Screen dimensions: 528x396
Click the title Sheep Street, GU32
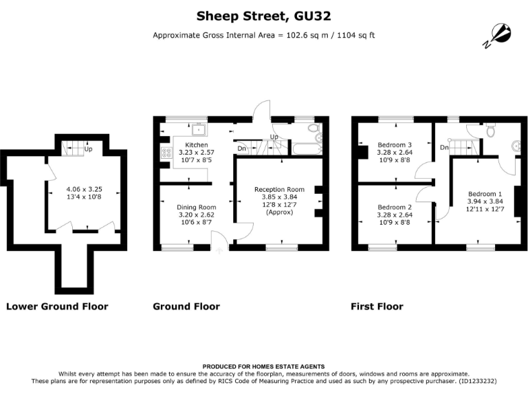click(264, 16)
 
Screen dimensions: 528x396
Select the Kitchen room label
click(197, 145)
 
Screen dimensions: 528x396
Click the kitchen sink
click(199, 130)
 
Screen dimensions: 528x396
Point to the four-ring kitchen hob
click(166, 153)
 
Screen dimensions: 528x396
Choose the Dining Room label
click(197, 207)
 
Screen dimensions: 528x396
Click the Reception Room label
click(280, 189)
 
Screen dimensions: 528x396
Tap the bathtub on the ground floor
click(307, 148)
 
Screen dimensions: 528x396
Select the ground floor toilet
click(313, 129)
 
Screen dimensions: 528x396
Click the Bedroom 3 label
click(395, 145)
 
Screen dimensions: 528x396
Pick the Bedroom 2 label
click(395, 207)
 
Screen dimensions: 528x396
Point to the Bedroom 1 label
click(485, 194)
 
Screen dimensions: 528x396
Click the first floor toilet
click(490, 130)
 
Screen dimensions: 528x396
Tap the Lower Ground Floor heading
click(57, 307)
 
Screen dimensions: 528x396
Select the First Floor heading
click(377, 307)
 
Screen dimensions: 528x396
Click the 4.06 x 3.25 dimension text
click(84, 189)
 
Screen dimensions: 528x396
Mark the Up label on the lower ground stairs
click(88, 148)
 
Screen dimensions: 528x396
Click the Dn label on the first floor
click(444, 148)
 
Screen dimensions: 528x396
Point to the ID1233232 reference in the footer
click(476, 381)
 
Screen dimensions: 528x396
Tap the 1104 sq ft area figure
click(356, 35)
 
